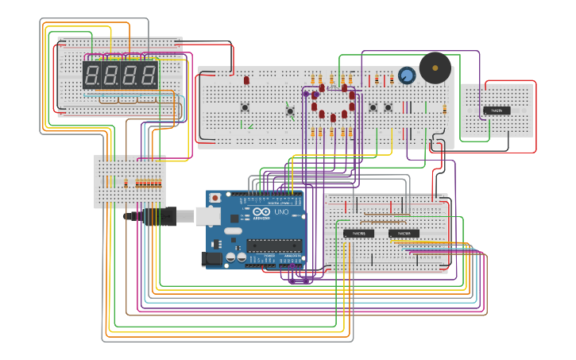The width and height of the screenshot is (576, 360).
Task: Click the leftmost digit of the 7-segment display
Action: pyautogui.click(x=91, y=76)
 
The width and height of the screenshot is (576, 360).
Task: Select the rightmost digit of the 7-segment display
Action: pyautogui.click(x=149, y=76)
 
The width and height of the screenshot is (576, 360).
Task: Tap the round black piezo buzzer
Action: pyautogui.click(x=435, y=68)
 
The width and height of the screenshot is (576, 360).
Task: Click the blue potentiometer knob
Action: pyautogui.click(x=407, y=76)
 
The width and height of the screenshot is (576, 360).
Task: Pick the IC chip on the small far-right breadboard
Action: pyautogui.click(x=497, y=110)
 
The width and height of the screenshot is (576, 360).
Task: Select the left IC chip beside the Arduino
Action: pyautogui.click(x=358, y=234)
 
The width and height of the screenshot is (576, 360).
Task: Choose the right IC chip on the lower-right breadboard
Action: pyautogui.click(x=404, y=234)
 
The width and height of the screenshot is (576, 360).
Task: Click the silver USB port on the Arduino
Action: pyautogui.click(x=207, y=215)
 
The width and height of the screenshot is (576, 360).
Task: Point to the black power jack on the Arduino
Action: pyautogui.click(x=211, y=258)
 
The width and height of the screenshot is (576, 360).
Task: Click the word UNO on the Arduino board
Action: pyautogui.click(x=281, y=212)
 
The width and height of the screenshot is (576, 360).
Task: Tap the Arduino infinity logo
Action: pyautogui.click(x=261, y=212)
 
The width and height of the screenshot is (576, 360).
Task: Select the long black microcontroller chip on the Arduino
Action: pyautogui.click(x=273, y=245)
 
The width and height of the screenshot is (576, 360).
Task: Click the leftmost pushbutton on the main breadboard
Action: pyautogui.click(x=245, y=107)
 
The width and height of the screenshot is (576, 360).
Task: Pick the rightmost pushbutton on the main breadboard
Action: pyautogui.click(x=389, y=107)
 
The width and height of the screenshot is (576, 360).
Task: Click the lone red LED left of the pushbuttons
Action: pyautogui.click(x=246, y=80)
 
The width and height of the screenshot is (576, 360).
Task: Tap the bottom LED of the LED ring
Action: pyautogui.click(x=333, y=118)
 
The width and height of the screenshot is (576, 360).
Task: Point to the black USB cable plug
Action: pyautogui.click(x=159, y=216)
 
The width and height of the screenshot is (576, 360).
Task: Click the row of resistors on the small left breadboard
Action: pyautogui.click(x=148, y=184)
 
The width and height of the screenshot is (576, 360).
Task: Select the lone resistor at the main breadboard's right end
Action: pyautogui.click(x=445, y=109)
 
